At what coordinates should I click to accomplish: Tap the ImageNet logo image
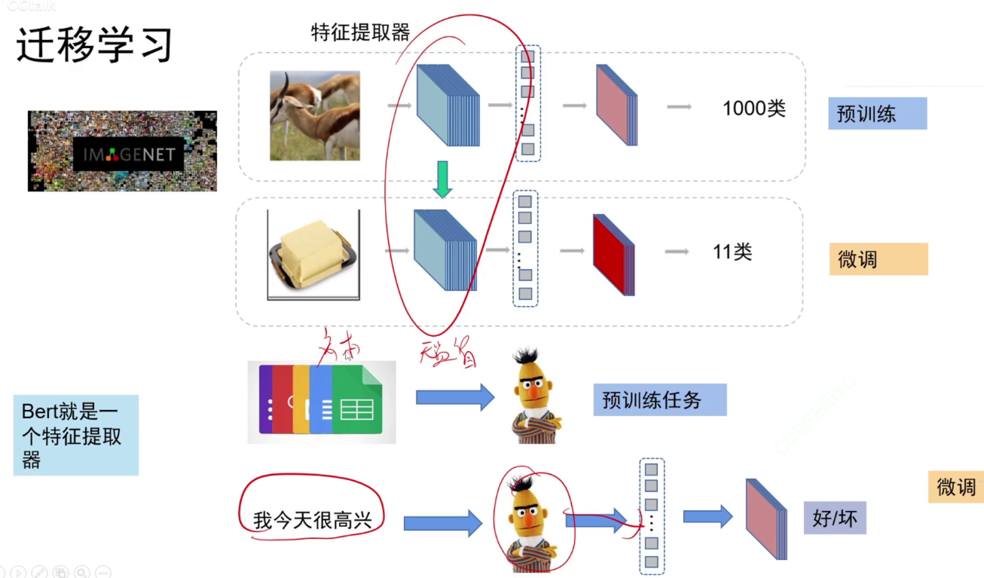pyautogui.click(x=122, y=151)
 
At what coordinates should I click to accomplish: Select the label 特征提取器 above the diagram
pyautogui.click(x=360, y=32)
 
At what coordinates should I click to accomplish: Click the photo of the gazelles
pyautogui.click(x=315, y=115)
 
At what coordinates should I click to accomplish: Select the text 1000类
pyautogui.click(x=753, y=109)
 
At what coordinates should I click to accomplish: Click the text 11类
pyautogui.click(x=732, y=252)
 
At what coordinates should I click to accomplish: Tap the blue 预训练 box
pyautogui.click(x=877, y=114)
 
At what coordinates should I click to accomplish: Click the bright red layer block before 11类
pyautogui.click(x=613, y=254)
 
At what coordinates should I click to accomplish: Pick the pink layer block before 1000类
pyautogui.click(x=616, y=105)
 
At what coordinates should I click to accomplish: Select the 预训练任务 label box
pyautogui.click(x=659, y=399)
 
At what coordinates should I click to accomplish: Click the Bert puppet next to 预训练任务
pyautogui.click(x=536, y=396)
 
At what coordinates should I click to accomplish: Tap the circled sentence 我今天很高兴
pyautogui.click(x=312, y=519)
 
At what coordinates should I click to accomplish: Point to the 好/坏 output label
pyautogui.click(x=834, y=518)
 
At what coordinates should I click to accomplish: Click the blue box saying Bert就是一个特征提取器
pyautogui.click(x=75, y=436)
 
